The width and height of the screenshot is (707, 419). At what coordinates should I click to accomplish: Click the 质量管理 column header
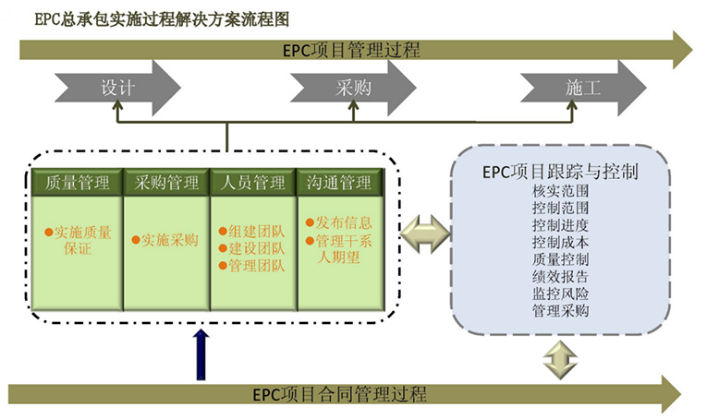pos(78,183)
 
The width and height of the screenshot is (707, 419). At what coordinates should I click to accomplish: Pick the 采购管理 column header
pos(166,183)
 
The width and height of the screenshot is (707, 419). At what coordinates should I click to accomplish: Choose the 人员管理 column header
pos(253,183)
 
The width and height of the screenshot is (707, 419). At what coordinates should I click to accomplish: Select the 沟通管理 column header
pos(339,183)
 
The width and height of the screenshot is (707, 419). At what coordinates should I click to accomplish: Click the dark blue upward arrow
pos(202,354)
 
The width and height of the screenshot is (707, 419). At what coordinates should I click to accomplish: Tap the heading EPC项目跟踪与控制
pos(561,172)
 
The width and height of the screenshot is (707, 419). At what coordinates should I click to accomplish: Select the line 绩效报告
pos(560,276)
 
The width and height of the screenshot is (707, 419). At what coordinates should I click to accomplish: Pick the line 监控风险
pos(560,293)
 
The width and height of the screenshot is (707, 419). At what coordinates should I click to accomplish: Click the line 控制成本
pos(560,242)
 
